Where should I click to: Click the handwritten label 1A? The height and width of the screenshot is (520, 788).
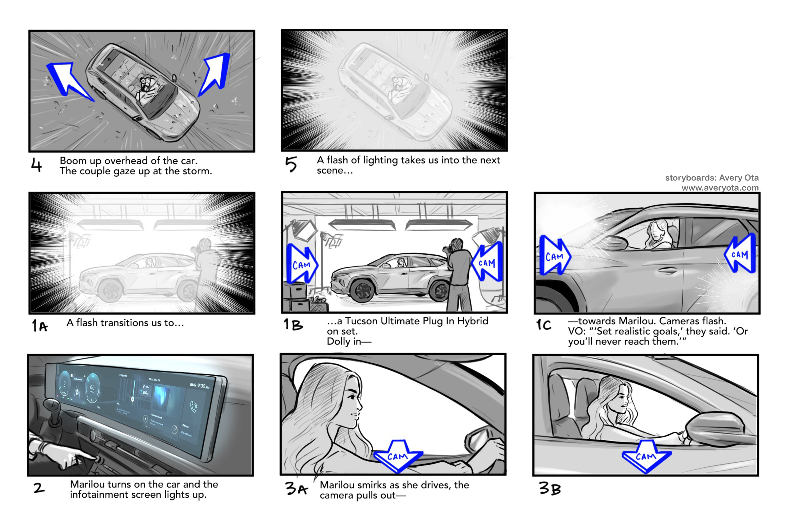pyautogui.click(x=40, y=326)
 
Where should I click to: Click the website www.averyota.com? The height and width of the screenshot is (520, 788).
pyautogui.click(x=720, y=188)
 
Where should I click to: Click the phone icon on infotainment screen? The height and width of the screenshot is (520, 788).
pyautogui.click(x=193, y=406)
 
